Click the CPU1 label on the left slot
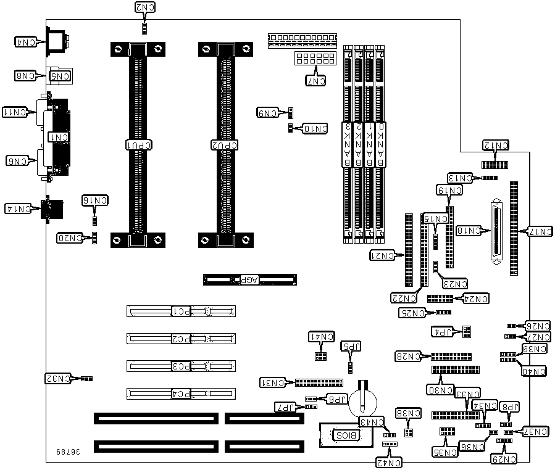(139, 144)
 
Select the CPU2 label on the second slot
(225, 144)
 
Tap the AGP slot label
(249, 279)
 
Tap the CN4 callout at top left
(25, 42)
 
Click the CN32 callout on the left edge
(57, 377)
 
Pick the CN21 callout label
(382, 255)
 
